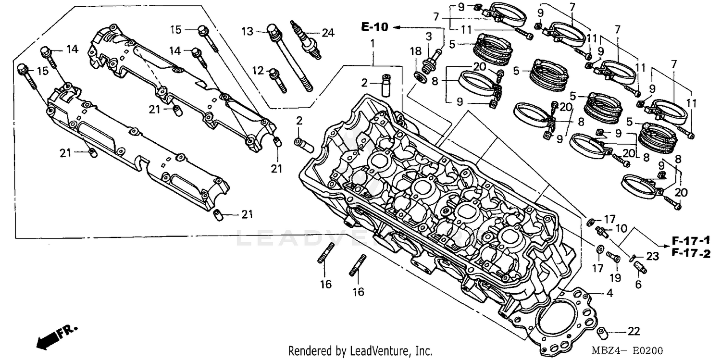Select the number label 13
pyautogui.click(x=247, y=32)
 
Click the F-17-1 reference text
pyautogui.click(x=690, y=240)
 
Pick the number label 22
pyautogui.click(x=634, y=331)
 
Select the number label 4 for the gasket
pyautogui.click(x=609, y=292)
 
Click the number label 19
pyautogui.click(x=615, y=278)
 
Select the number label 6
pyautogui.click(x=638, y=285)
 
